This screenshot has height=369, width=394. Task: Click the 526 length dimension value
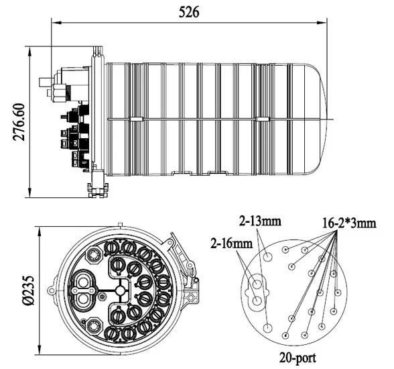(189, 12)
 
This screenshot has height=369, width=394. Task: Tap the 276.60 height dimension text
(19, 122)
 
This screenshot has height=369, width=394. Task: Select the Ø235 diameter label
(27, 291)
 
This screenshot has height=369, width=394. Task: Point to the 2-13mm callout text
(260, 221)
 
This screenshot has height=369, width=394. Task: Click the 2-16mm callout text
(232, 244)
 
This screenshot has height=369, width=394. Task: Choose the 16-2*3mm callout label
(349, 223)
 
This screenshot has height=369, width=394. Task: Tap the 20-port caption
(298, 358)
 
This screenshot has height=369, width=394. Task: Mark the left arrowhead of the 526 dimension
(56, 23)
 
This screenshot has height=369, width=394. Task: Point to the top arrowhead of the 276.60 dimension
(30, 52)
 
